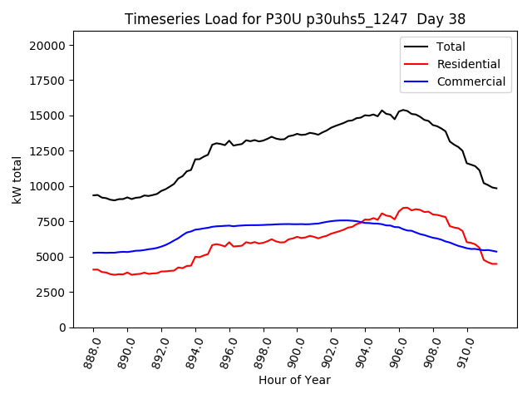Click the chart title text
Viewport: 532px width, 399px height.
(x=295, y=19)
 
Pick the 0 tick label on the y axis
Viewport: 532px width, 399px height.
(x=63, y=328)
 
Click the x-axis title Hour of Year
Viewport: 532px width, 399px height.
(x=294, y=380)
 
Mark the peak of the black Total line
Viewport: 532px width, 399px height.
(x=404, y=110)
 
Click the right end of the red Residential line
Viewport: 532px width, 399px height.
(x=496, y=264)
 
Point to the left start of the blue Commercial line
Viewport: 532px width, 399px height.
(x=93, y=253)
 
